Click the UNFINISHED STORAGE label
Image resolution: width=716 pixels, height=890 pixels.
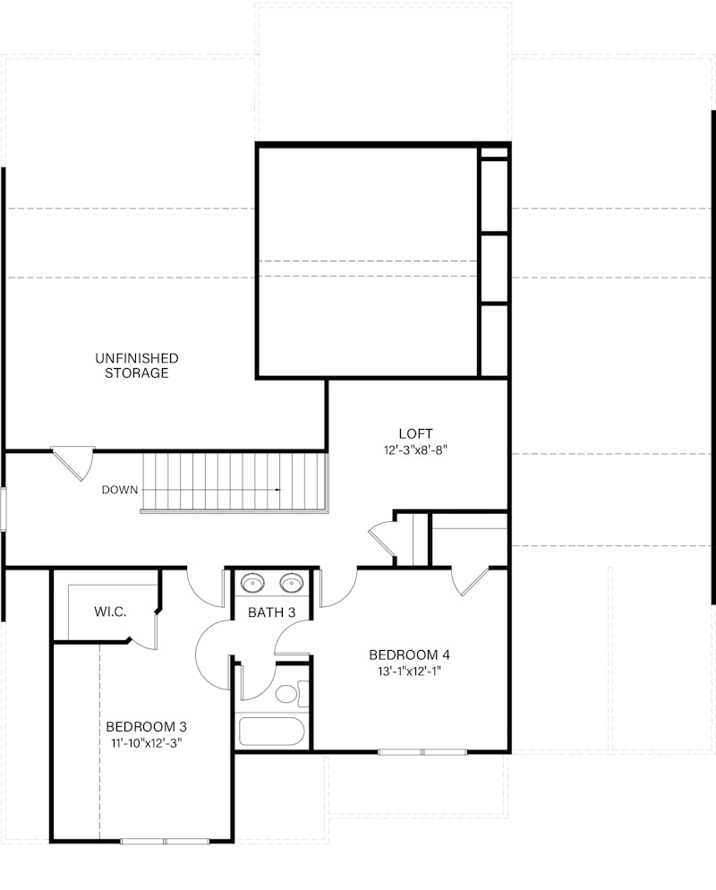coord(137,365)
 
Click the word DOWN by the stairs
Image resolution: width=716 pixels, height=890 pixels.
coord(120,490)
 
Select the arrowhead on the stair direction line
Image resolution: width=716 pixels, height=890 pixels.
coord(278,490)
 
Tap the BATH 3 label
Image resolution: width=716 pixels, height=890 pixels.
coord(272,612)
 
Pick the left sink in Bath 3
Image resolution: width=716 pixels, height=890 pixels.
coord(253,584)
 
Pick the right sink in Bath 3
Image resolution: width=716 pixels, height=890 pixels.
coord(291,584)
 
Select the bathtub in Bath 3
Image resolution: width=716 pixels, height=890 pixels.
coord(272,731)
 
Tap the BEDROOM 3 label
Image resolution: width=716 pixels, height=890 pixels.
coord(146,726)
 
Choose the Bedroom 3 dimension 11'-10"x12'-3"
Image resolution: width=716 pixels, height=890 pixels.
coord(146,742)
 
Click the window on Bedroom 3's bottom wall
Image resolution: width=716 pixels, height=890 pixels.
coord(165,841)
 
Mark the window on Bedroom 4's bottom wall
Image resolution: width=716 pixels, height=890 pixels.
coord(422,752)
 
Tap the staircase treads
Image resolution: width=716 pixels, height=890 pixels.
coord(234,482)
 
